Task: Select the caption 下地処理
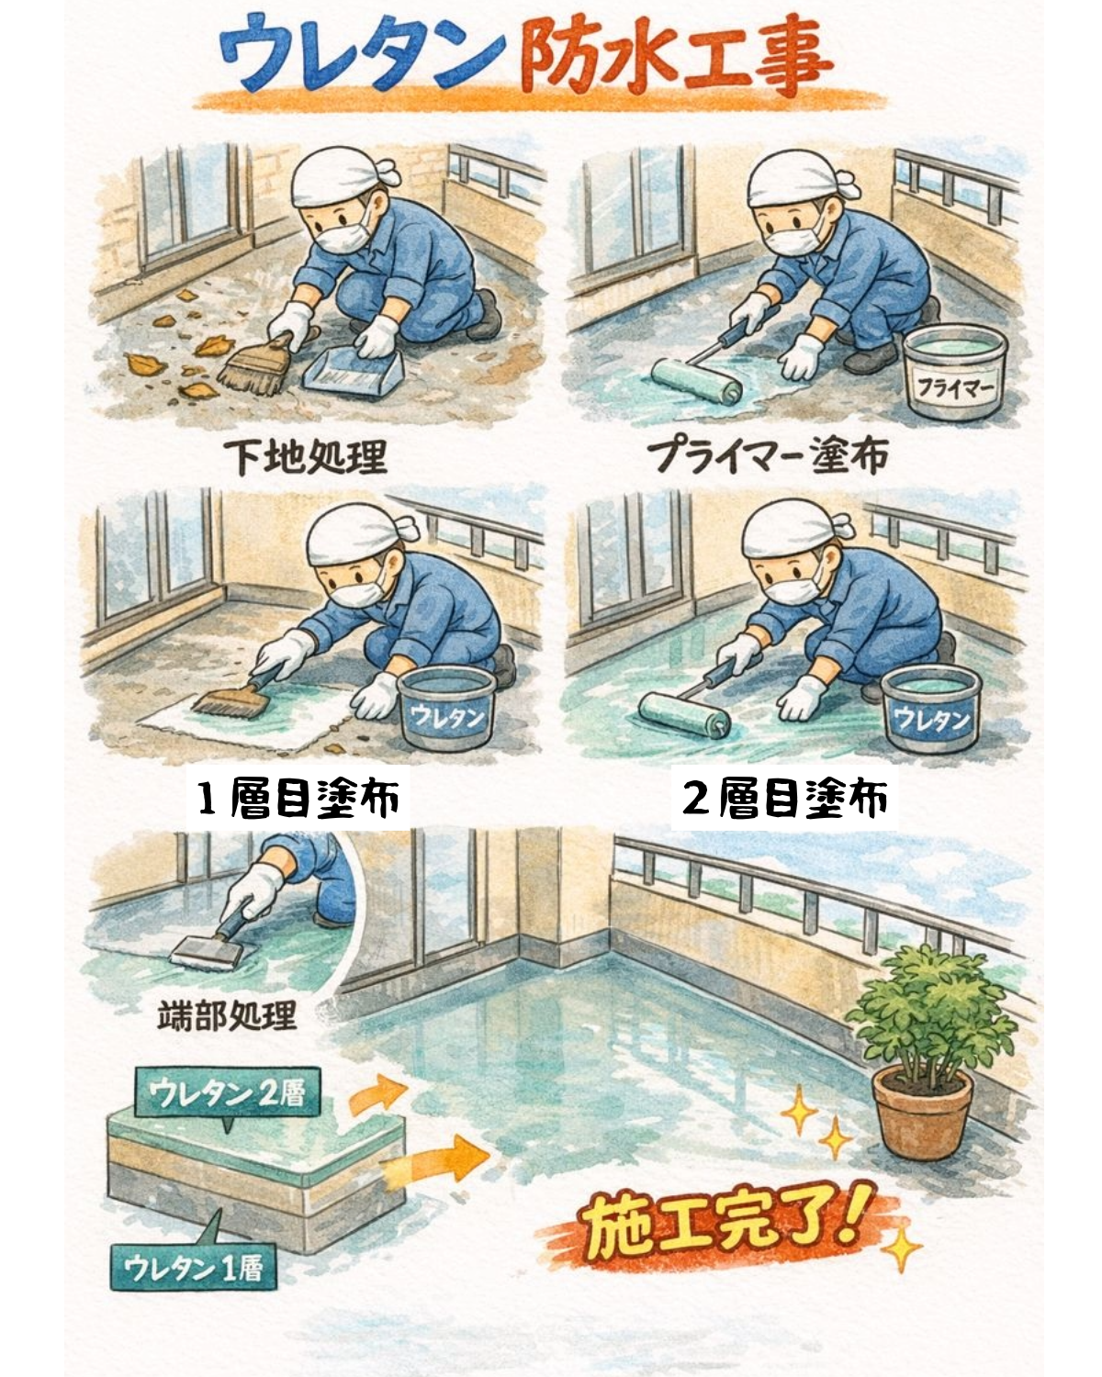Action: [x=307, y=456]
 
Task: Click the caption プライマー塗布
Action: [x=768, y=456]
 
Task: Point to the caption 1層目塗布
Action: [x=299, y=799]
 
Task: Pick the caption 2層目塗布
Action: [x=785, y=799]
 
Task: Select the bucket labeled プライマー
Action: [x=950, y=376]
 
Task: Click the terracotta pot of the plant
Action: [x=921, y=1112]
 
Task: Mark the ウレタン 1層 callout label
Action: [x=194, y=1268]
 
